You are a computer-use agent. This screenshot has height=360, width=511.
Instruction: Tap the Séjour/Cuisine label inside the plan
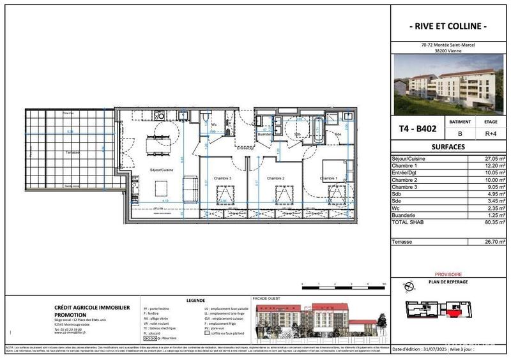point(162,170)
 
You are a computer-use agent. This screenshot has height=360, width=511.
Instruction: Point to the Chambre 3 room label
point(222,178)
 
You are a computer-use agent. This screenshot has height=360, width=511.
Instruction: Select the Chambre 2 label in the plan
point(275,178)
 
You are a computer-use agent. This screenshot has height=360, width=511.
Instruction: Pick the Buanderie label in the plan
point(265,135)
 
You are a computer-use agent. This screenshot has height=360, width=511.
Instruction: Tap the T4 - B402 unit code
point(418,128)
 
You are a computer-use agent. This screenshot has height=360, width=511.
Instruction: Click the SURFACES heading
point(448,146)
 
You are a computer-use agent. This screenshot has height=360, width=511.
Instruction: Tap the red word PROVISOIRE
point(448,273)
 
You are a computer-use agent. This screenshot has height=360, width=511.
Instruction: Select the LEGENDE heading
point(195,300)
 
